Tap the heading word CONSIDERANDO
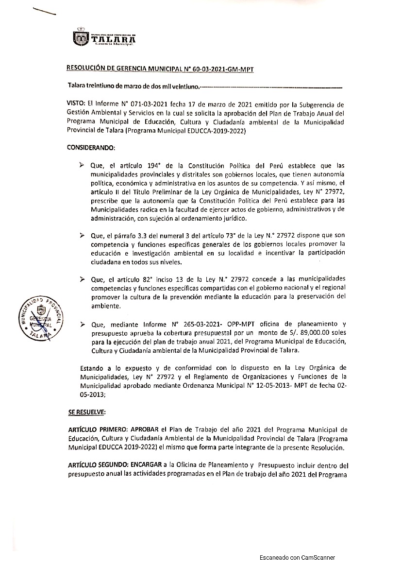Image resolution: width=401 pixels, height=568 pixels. (x=91, y=147)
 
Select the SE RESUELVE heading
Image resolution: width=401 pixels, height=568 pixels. (x=86, y=412)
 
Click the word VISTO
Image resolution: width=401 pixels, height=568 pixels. (x=76, y=104)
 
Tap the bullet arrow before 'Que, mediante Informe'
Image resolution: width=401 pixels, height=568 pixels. (x=82, y=324)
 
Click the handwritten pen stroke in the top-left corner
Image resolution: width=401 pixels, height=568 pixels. (x=44, y=13)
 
